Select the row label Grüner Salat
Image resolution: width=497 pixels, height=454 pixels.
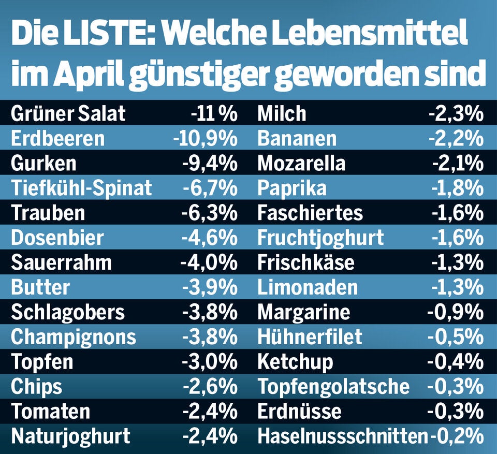coord(68,113)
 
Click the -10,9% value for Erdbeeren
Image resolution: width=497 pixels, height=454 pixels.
coord(205,138)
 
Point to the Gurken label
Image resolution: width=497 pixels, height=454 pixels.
coord(43,163)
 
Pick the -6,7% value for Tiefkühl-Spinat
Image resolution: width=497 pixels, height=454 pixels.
coord(210,188)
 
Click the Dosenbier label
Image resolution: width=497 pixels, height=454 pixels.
coord(57,238)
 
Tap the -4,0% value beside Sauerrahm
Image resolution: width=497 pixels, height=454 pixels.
coord(209,262)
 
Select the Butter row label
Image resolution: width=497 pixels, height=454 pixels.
coord(40,287)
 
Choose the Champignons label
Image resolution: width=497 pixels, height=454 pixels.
coord(73,337)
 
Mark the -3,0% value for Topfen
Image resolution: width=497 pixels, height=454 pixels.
coord(209,362)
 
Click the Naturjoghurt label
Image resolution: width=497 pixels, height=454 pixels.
coord(70,436)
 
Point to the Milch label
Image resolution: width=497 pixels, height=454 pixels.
coord(282,113)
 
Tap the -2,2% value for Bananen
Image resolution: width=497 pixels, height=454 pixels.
coord(456,138)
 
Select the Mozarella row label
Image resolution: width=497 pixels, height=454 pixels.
coord(301,163)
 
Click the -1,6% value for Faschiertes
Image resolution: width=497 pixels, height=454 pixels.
coord(457,213)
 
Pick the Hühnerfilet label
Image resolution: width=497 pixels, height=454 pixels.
coord(310,337)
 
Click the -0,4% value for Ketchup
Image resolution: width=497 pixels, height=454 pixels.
coord(456,362)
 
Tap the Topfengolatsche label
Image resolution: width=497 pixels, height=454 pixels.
coord(333,387)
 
